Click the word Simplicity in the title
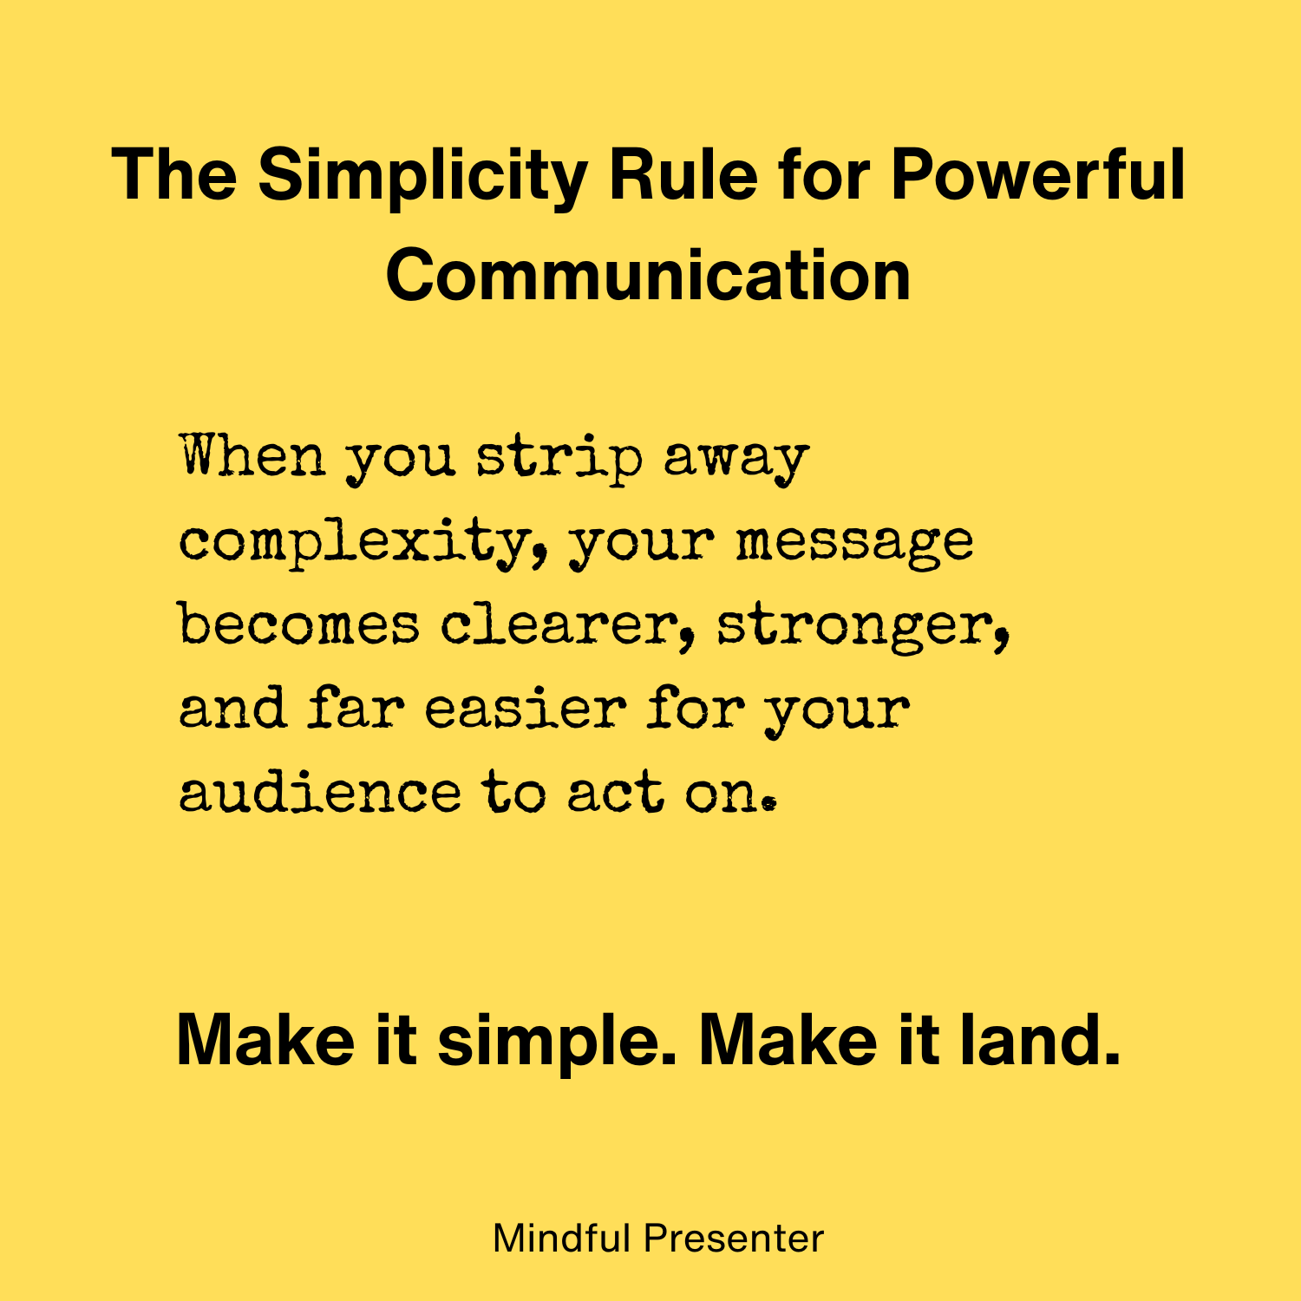(x=422, y=176)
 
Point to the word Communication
(x=649, y=275)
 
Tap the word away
(x=736, y=460)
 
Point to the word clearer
(x=560, y=624)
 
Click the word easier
(x=525, y=708)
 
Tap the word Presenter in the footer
(x=734, y=1239)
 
